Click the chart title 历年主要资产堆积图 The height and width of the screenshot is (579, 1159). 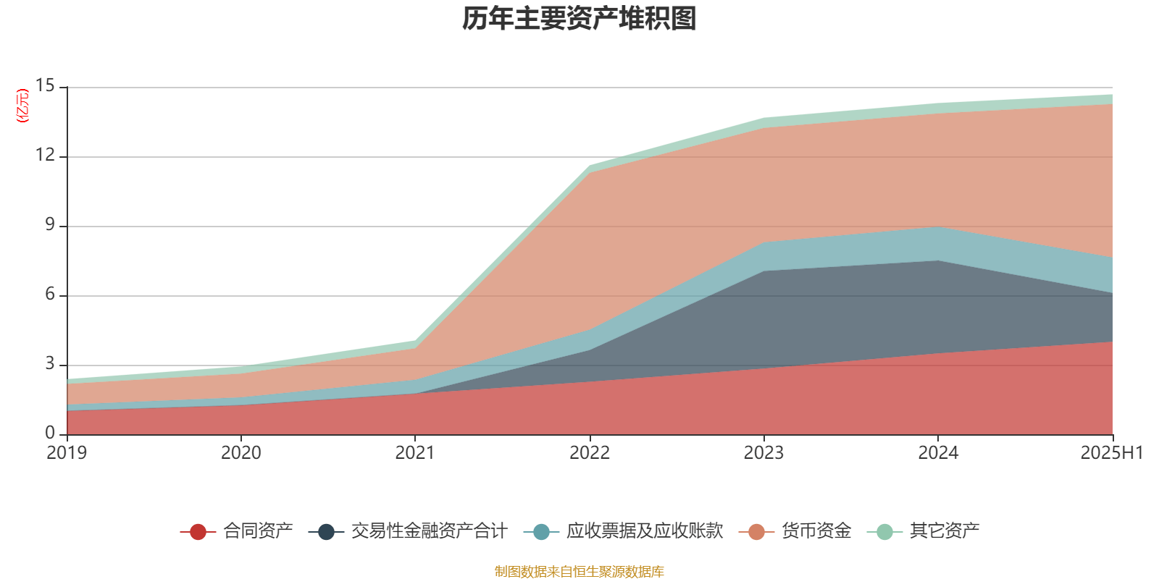click(x=579, y=19)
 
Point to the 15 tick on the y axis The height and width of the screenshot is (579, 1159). click(x=45, y=86)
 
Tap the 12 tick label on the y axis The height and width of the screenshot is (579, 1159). click(x=45, y=156)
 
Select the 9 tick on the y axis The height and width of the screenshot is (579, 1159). click(x=49, y=225)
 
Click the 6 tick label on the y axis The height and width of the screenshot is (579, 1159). click(x=49, y=295)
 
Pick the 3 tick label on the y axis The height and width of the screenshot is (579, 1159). click(x=49, y=364)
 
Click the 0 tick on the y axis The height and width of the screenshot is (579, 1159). click(x=49, y=434)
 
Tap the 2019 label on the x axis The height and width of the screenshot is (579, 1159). click(x=67, y=453)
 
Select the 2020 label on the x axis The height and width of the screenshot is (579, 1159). click(x=240, y=453)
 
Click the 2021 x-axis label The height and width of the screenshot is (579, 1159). click(x=415, y=453)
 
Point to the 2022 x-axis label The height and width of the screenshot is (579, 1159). click(x=590, y=453)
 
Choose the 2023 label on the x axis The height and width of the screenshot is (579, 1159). click(x=763, y=453)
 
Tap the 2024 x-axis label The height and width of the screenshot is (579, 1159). click(x=938, y=453)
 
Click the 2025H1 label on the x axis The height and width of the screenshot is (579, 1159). click(x=1111, y=453)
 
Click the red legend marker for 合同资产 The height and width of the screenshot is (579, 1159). click(x=198, y=532)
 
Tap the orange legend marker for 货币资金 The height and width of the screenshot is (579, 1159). click(x=757, y=532)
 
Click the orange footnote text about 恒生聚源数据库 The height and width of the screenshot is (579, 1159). click(x=579, y=572)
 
